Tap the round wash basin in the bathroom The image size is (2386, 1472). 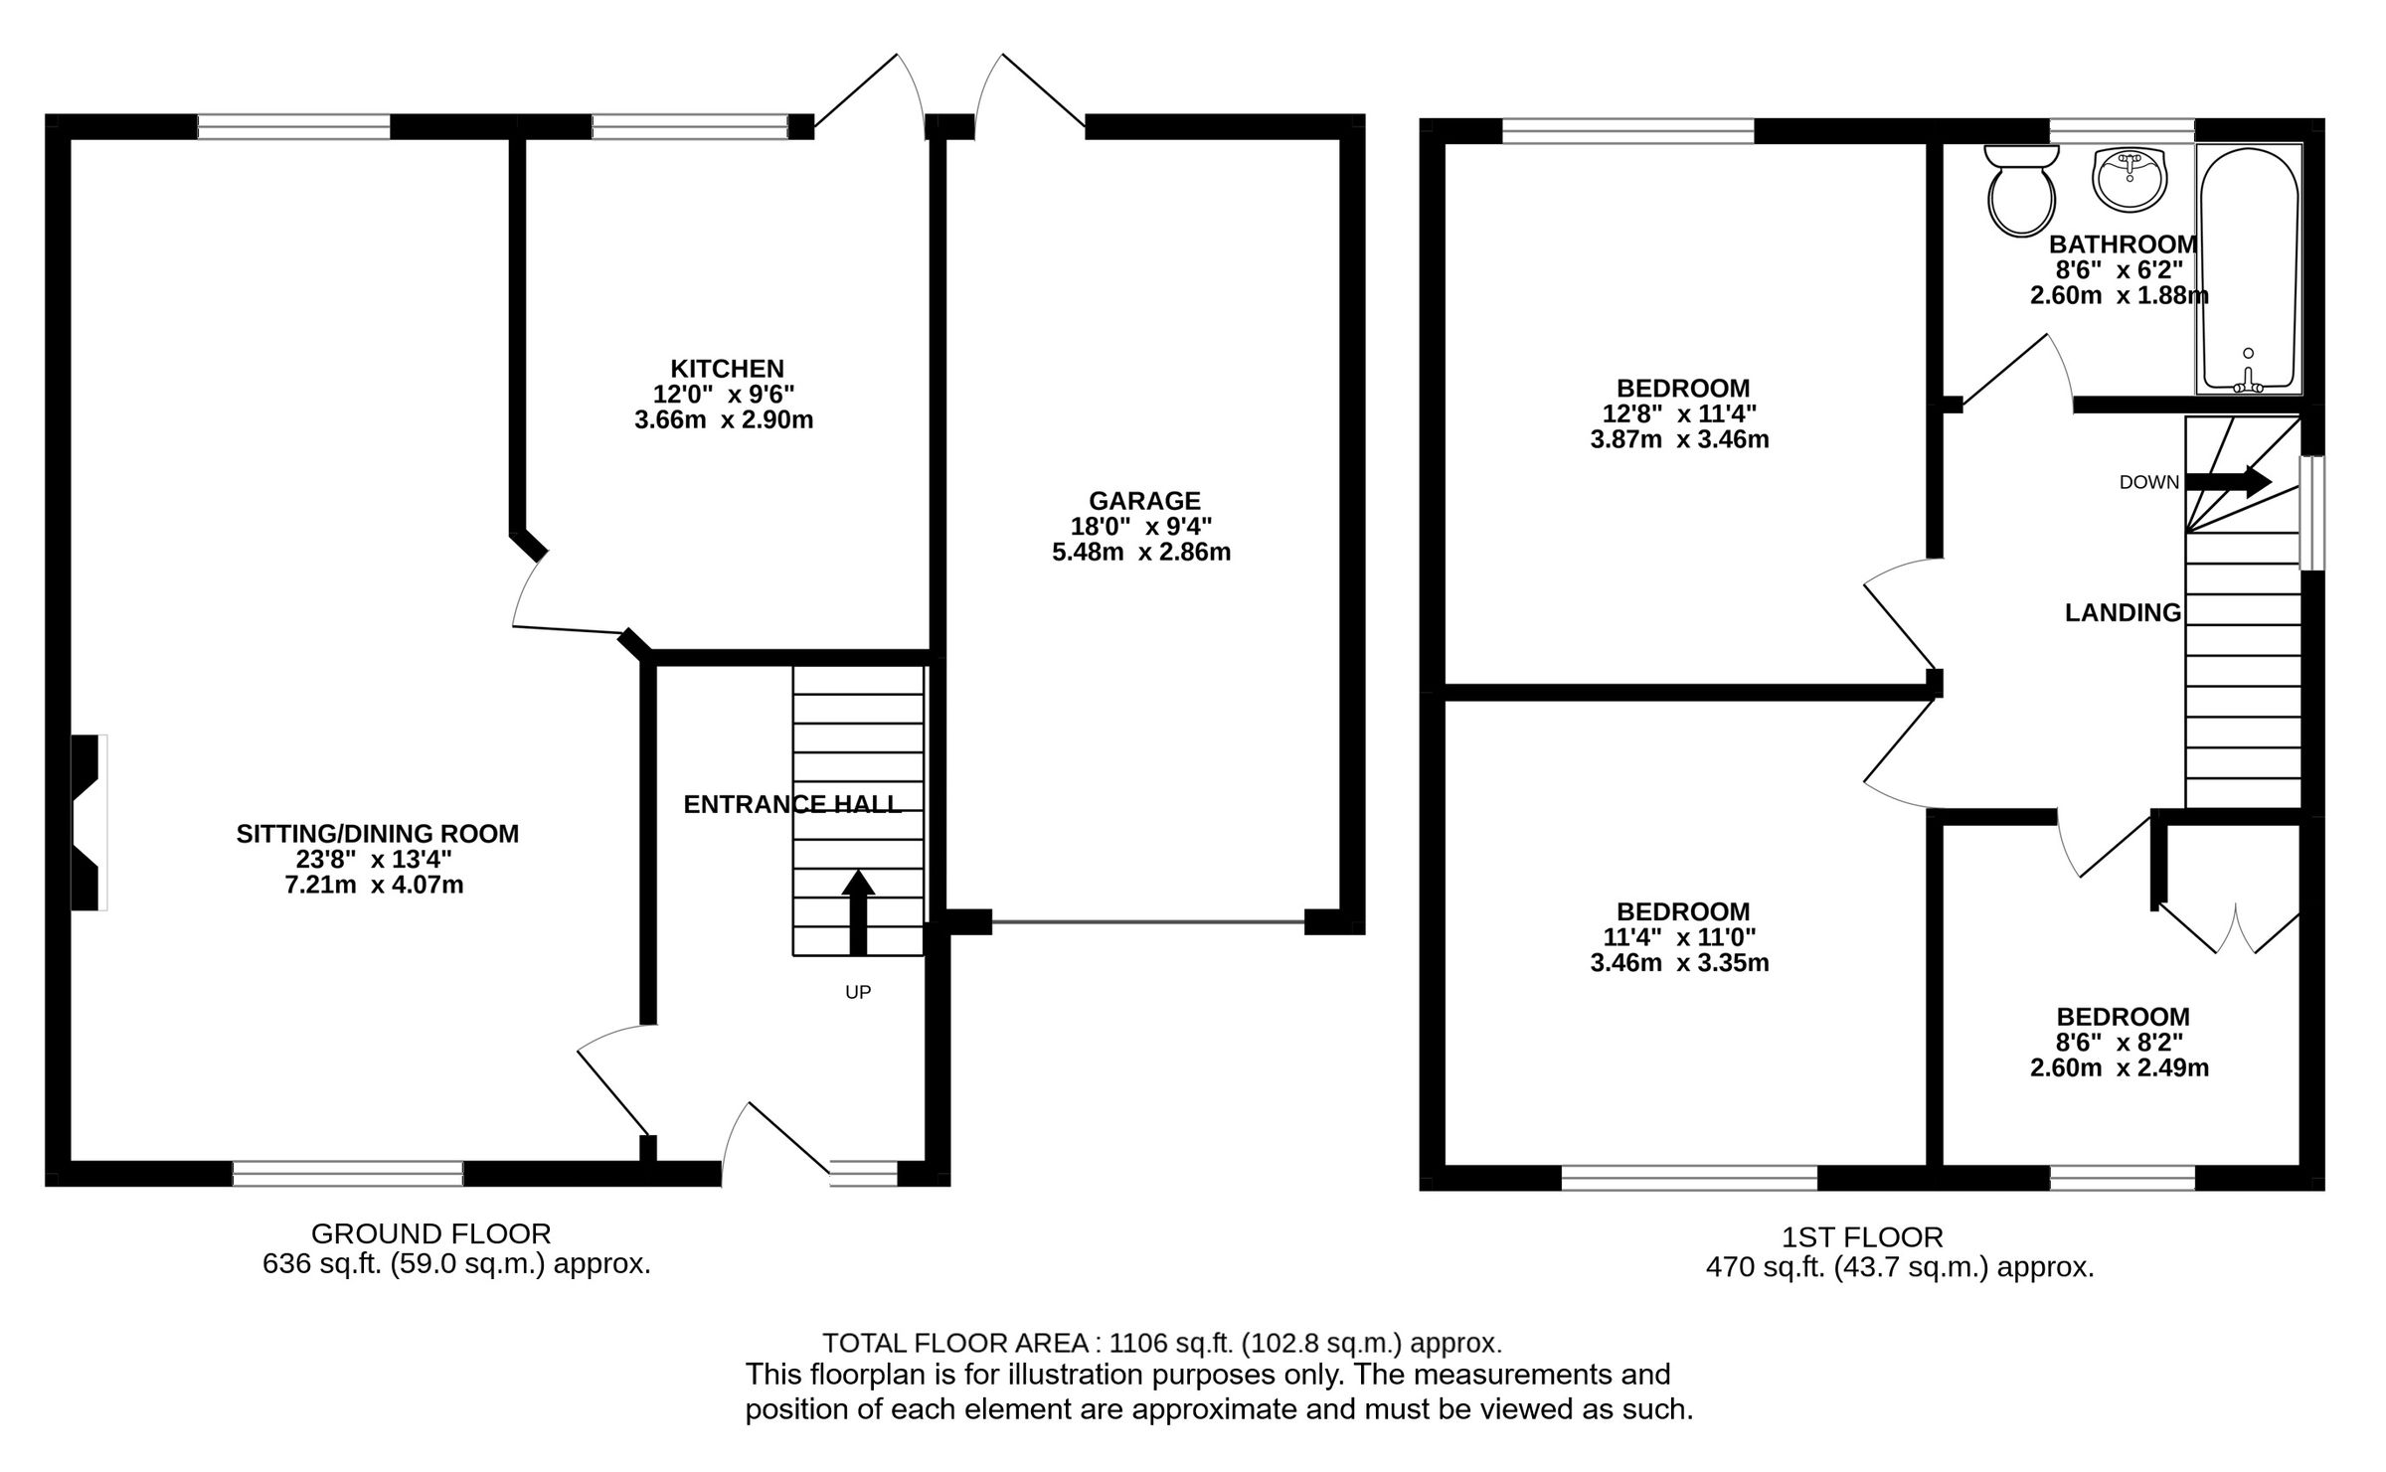click(2129, 180)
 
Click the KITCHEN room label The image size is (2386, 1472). click(727, 369)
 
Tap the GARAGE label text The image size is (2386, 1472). click(1144, 501)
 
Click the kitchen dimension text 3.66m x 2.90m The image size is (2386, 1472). click(724, 420)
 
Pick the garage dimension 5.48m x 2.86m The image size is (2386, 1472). click(1141, 553)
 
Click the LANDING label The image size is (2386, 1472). click(2123, 613)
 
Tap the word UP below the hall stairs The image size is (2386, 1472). click(858, 992)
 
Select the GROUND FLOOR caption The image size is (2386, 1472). click(430, 1234)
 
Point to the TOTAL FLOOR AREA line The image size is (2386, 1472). click(1161, 1344)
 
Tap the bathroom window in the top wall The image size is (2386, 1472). click(2122, 130)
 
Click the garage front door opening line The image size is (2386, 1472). click(1148, 922)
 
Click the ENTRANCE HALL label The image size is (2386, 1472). click(792, 804)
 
